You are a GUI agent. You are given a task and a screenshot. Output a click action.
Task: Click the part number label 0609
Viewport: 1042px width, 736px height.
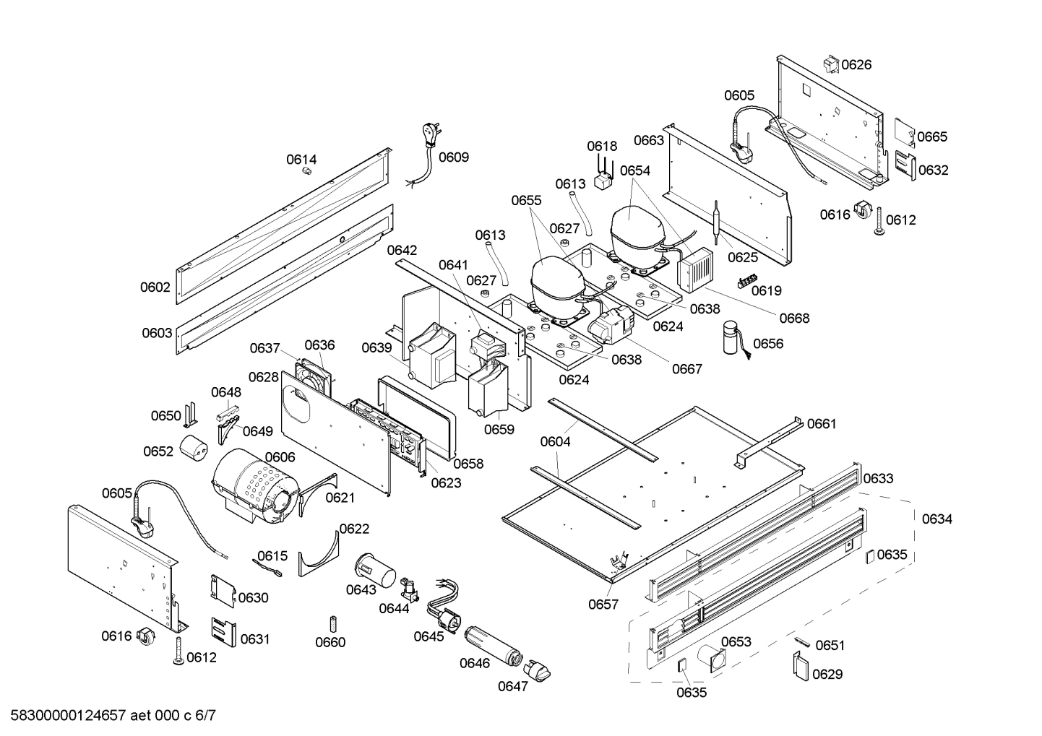click(x=454, y=157)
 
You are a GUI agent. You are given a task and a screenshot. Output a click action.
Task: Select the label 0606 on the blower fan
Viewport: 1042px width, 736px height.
click(x=280, y=457)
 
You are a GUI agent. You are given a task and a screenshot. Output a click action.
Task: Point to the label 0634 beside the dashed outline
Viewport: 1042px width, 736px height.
click(x=936, y=519)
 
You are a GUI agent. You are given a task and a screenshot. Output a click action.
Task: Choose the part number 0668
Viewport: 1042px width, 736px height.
click(x=794, y=318)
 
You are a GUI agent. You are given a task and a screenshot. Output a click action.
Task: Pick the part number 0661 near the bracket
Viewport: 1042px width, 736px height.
click(x=822, y=424)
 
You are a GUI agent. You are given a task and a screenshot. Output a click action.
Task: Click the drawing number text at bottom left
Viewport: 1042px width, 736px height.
click(x=109, y=716)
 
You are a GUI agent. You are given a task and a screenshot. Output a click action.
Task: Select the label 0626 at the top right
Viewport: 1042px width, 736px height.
click(x=856, y=65)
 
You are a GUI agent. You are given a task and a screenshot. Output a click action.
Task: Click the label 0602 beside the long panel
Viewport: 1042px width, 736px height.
click(x=155, y=287)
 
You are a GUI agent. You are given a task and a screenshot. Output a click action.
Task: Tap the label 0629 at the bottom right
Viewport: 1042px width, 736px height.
click(x=827, y=674)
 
